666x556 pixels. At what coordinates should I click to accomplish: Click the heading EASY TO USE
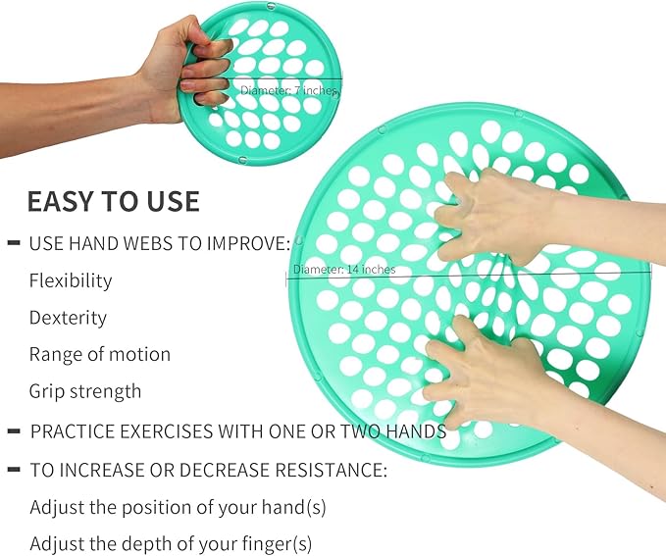(113, 201)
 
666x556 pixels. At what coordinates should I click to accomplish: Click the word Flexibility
(71, 280)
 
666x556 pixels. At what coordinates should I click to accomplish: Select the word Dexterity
(68, 318)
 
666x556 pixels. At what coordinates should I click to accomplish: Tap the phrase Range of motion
(100, 354)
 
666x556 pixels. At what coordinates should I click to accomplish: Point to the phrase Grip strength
(85, 391)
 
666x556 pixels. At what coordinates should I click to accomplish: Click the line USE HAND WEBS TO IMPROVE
(159, 243)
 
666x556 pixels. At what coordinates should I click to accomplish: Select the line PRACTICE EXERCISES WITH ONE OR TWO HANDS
(238, 431)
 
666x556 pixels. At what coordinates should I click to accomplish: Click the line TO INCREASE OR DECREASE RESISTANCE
(208, 471)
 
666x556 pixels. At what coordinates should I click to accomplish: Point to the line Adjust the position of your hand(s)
(178, 508)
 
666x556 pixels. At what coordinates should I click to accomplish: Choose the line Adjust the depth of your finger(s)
(171, 543)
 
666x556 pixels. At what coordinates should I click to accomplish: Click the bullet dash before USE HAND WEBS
(15, 242)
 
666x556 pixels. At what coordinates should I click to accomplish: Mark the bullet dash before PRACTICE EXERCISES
(15, 431)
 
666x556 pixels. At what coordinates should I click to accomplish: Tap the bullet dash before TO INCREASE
(15, 471)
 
